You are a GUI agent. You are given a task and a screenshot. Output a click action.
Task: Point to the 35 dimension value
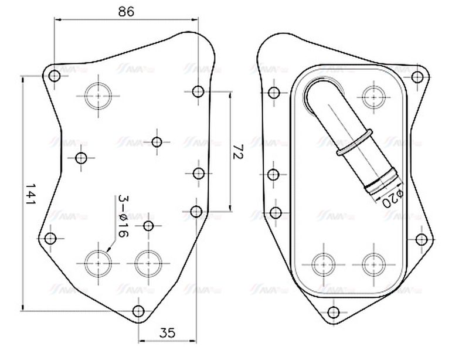(167, 332)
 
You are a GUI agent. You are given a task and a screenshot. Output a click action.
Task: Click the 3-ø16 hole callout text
(122, 216)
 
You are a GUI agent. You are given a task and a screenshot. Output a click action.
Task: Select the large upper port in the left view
(98, 95)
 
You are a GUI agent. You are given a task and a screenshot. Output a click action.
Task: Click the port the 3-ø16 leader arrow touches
(98, 262)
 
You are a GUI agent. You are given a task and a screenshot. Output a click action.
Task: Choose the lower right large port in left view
(148, 262)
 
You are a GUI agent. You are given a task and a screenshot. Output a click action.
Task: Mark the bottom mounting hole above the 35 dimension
(138, 311)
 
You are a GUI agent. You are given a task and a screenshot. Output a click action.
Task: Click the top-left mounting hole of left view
(55, 76)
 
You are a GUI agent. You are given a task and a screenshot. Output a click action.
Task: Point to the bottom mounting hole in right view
(334, 312)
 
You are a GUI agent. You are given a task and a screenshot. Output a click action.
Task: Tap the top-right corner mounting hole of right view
(417, 76)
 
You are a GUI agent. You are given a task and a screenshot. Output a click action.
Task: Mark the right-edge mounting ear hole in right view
(422, 239)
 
